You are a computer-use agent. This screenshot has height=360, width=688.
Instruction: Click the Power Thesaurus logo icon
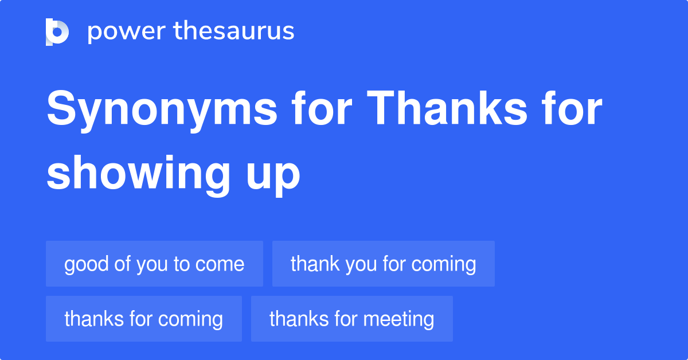coord(57,32)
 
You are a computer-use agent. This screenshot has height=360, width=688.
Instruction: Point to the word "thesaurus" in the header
coord(233,32)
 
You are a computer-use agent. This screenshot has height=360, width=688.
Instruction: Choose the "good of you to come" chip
coord(154,264)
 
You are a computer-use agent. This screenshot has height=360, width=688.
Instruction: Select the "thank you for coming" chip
coord(383,264)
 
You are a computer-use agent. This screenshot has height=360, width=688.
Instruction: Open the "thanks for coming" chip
coord(143,319)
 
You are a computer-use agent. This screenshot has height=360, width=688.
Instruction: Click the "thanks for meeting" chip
coord(351,319)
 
